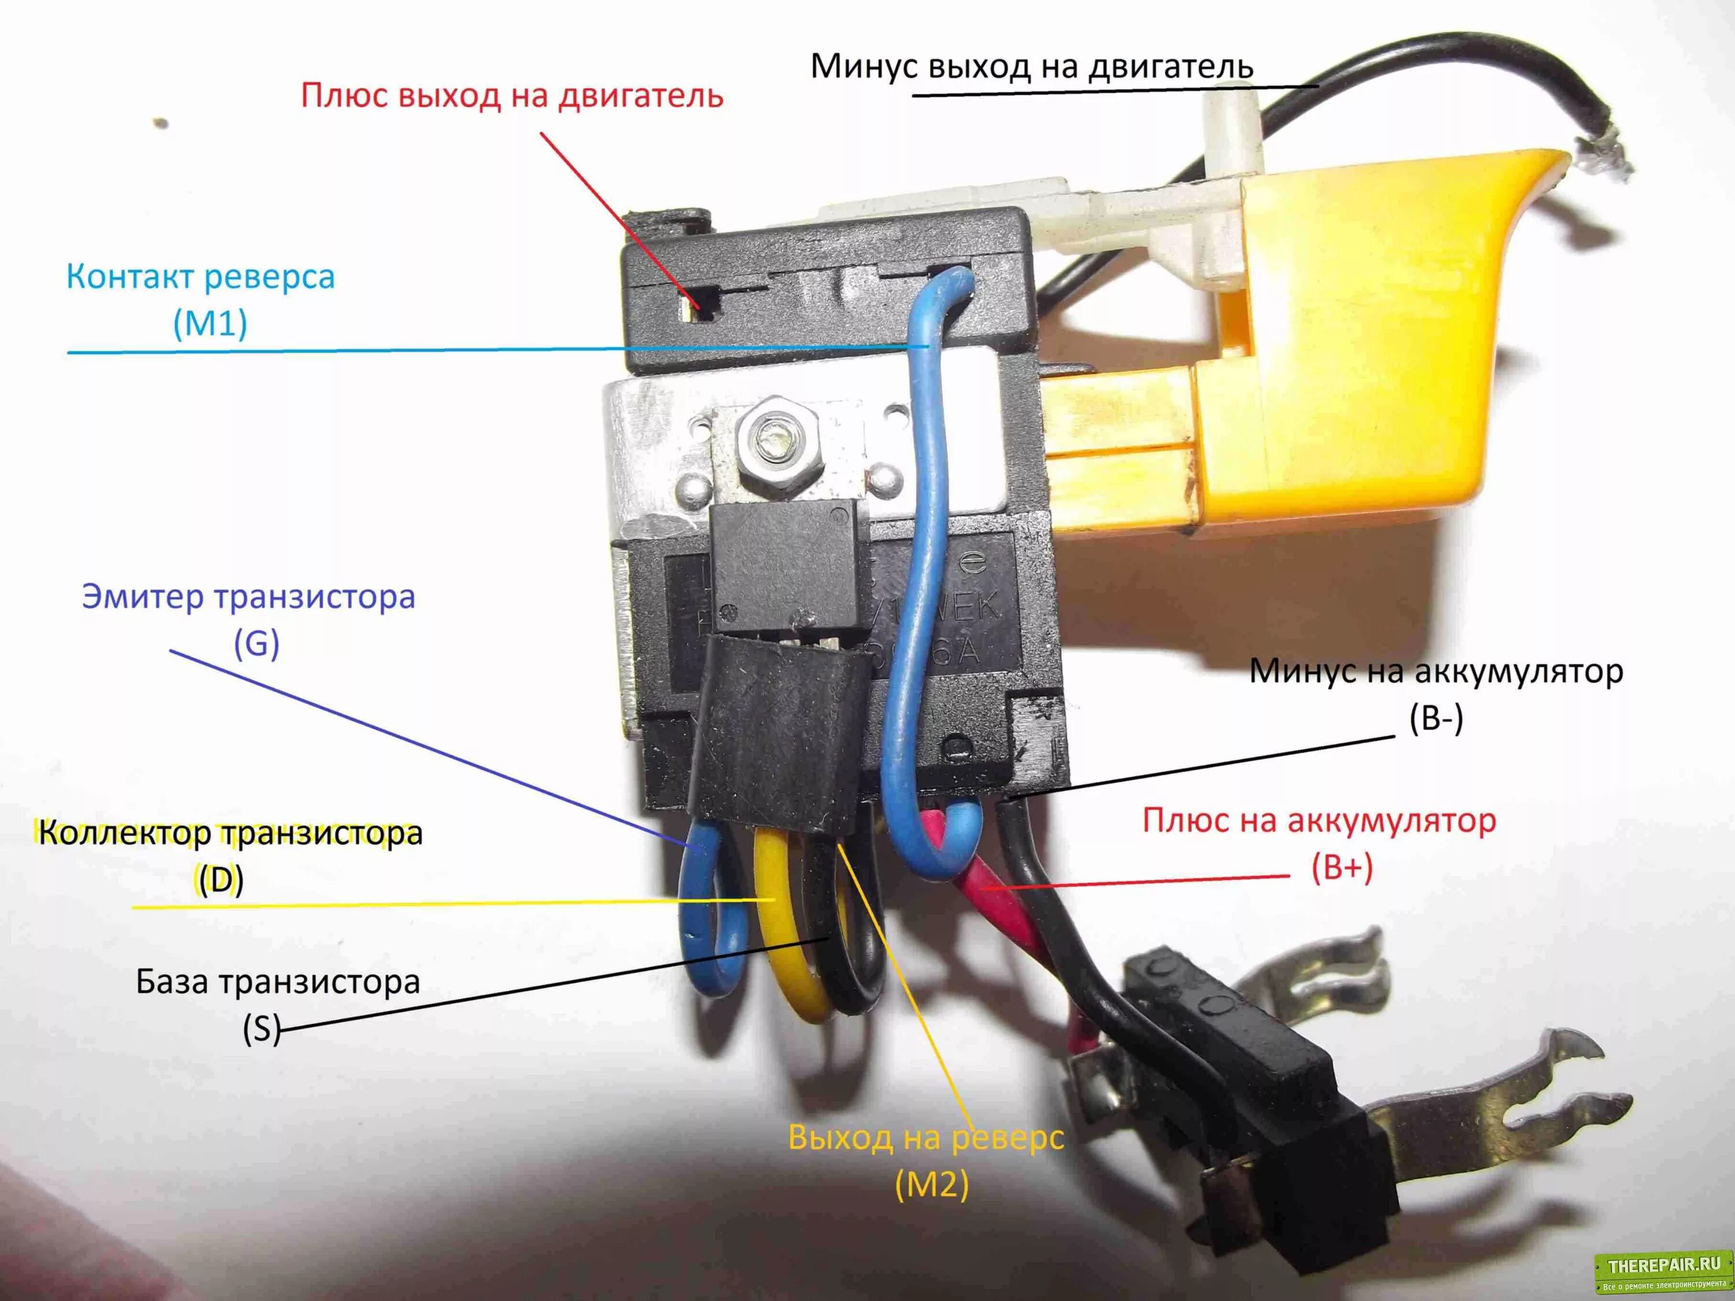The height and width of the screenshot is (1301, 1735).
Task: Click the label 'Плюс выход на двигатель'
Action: (511, 95)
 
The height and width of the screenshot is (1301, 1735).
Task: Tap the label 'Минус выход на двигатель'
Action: (1031, 66)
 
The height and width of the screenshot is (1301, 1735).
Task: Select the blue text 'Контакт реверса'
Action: (200, 277)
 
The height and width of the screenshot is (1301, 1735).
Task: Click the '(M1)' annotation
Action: (209, 323)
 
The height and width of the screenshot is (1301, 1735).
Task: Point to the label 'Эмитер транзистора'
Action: (249, 597)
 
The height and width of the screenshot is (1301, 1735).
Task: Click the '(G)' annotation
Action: (256, 644)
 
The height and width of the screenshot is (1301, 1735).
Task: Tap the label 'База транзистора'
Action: (278, 982)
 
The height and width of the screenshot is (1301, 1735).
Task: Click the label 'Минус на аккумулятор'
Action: (1435, 671)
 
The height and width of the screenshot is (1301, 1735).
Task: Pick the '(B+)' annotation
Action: (1342, 868)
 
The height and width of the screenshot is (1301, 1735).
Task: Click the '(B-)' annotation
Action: (1435, 718)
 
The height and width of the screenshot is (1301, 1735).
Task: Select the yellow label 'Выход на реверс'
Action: (925, 1137)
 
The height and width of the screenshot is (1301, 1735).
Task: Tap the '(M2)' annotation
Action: (932, 1184)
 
